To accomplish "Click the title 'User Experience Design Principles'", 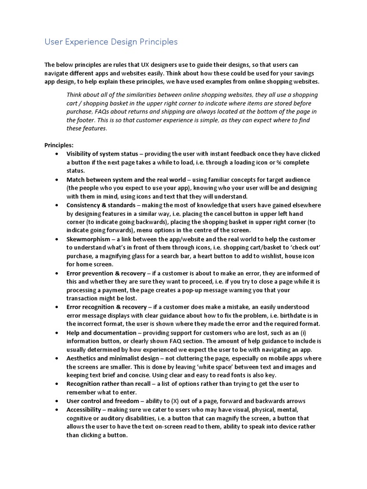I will [x=111, y=42].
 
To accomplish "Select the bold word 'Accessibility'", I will [x=84, y=409].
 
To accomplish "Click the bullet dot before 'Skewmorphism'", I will [x=57, y=239].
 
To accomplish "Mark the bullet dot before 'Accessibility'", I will [x=57, y=410].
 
